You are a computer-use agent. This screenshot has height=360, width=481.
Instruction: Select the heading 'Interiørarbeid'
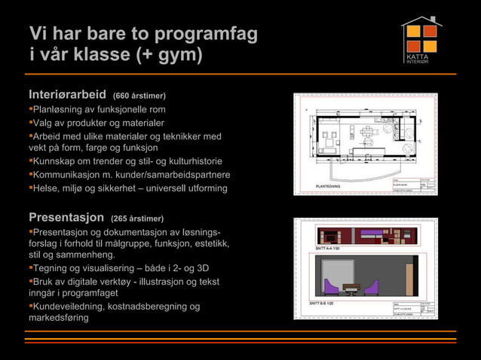click(x=67, y=95)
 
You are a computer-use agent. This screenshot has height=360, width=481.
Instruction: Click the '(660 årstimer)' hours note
click(x=139, y=96)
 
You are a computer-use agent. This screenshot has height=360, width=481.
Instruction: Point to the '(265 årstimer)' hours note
click(x=136, y=219)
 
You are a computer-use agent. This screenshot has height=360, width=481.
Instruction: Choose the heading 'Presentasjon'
click(x=66, y=218)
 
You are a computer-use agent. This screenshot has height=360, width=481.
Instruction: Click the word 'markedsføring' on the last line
click(x=58, y=318)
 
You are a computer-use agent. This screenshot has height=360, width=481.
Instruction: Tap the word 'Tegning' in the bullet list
click(x=51, y=268)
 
